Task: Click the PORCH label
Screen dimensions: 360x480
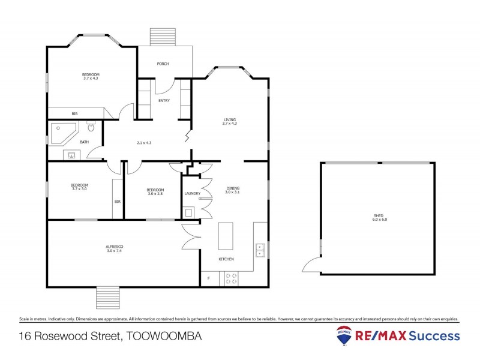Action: coord(162,64)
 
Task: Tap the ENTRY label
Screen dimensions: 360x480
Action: coord(164,100)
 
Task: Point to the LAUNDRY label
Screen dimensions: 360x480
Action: coord(193,193)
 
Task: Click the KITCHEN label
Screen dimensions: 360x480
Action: coord(226,259)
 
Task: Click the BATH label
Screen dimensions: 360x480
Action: coord(85,142)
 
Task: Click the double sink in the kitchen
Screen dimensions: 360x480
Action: coord(259,250)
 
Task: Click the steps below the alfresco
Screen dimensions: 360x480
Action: coord(108,298)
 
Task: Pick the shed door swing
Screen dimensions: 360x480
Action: coord(312,264)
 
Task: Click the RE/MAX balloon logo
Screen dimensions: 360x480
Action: coord(344,336)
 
